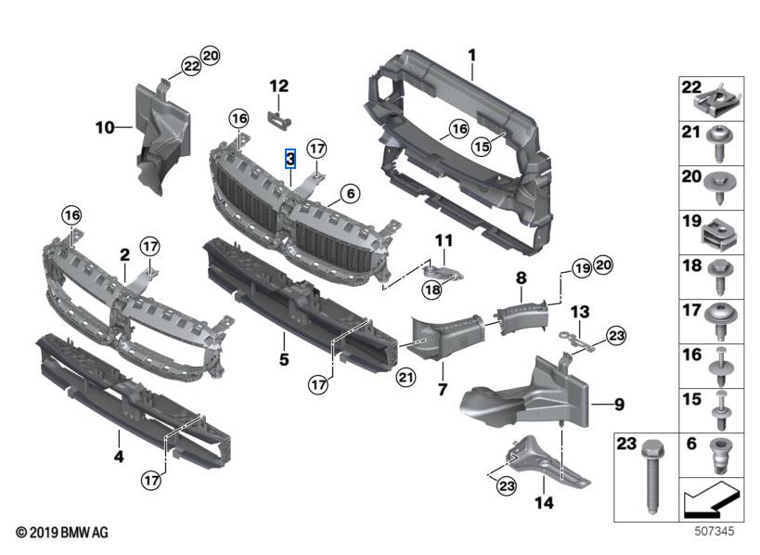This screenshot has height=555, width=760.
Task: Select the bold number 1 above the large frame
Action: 471,55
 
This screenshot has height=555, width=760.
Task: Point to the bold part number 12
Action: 279,86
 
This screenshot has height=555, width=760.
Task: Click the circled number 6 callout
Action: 349,194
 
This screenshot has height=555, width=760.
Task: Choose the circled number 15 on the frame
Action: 480,145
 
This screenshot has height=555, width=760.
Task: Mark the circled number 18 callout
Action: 432,290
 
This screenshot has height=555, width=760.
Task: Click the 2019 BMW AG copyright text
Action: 62,533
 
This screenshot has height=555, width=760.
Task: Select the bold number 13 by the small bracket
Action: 580,311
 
